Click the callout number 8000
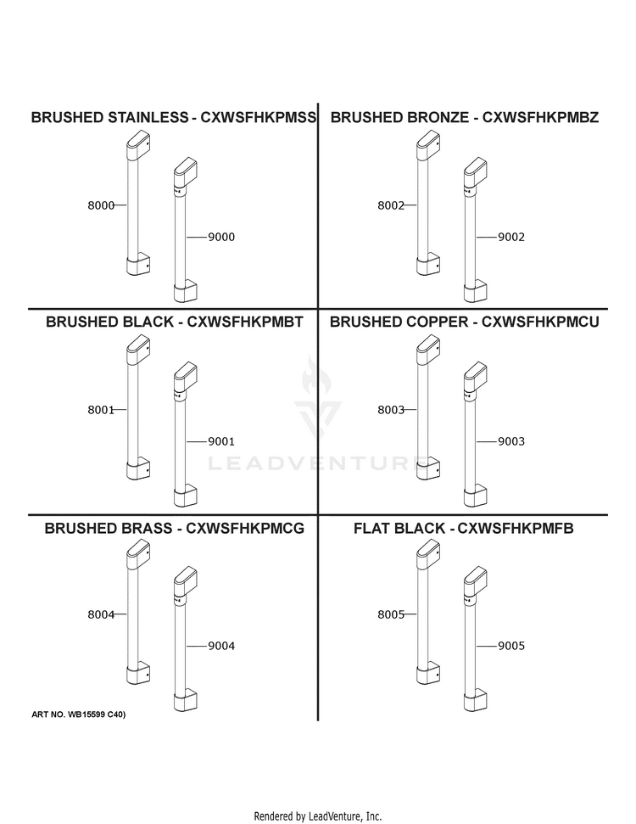click(x=101, y=205)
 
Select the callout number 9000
click(x=221, y=237)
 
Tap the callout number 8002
click(x=391, y=205)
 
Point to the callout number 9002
click(x=511, y=237)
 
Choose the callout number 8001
click(x=101, y=410)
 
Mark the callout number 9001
click(x=221, y=441)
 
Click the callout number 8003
click(x=391, y=410)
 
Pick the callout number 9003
click(x=511, y=441)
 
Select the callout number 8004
click(x=101, y=614)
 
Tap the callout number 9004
click(x=221, y=646)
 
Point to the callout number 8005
click(x=391, y=614)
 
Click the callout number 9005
click(x=511, y=646)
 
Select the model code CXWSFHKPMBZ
click(x=540, y=117)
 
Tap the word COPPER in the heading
click(x=432, y=322)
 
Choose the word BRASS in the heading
click(x=146, y=528)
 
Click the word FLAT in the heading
click(x=372, y=528)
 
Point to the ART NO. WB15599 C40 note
click(x=79, y=715)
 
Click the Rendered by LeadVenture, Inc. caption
click(x=318, y=816)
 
